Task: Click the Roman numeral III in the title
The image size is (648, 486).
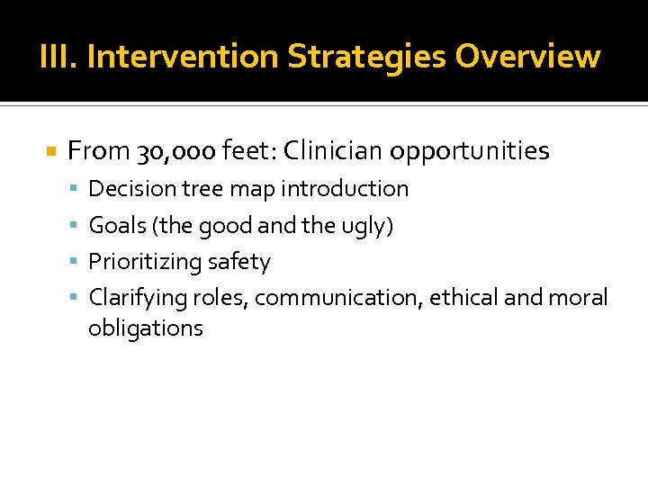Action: pyautogui.click(x=57, y=57)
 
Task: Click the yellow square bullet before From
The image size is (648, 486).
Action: pyautogui.click(x=51, y=151)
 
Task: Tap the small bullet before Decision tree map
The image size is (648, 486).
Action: pyautogui.click(x=77, y=189)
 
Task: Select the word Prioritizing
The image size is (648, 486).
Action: pyautogui.click(x=145, y=262)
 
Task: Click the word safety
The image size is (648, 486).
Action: pyautogui.click(x=238, y=262)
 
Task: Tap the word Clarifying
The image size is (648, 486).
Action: pyautogui.click(x=132, y=298)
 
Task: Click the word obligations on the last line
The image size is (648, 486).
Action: pyautogui.click(x=146, y=328)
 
